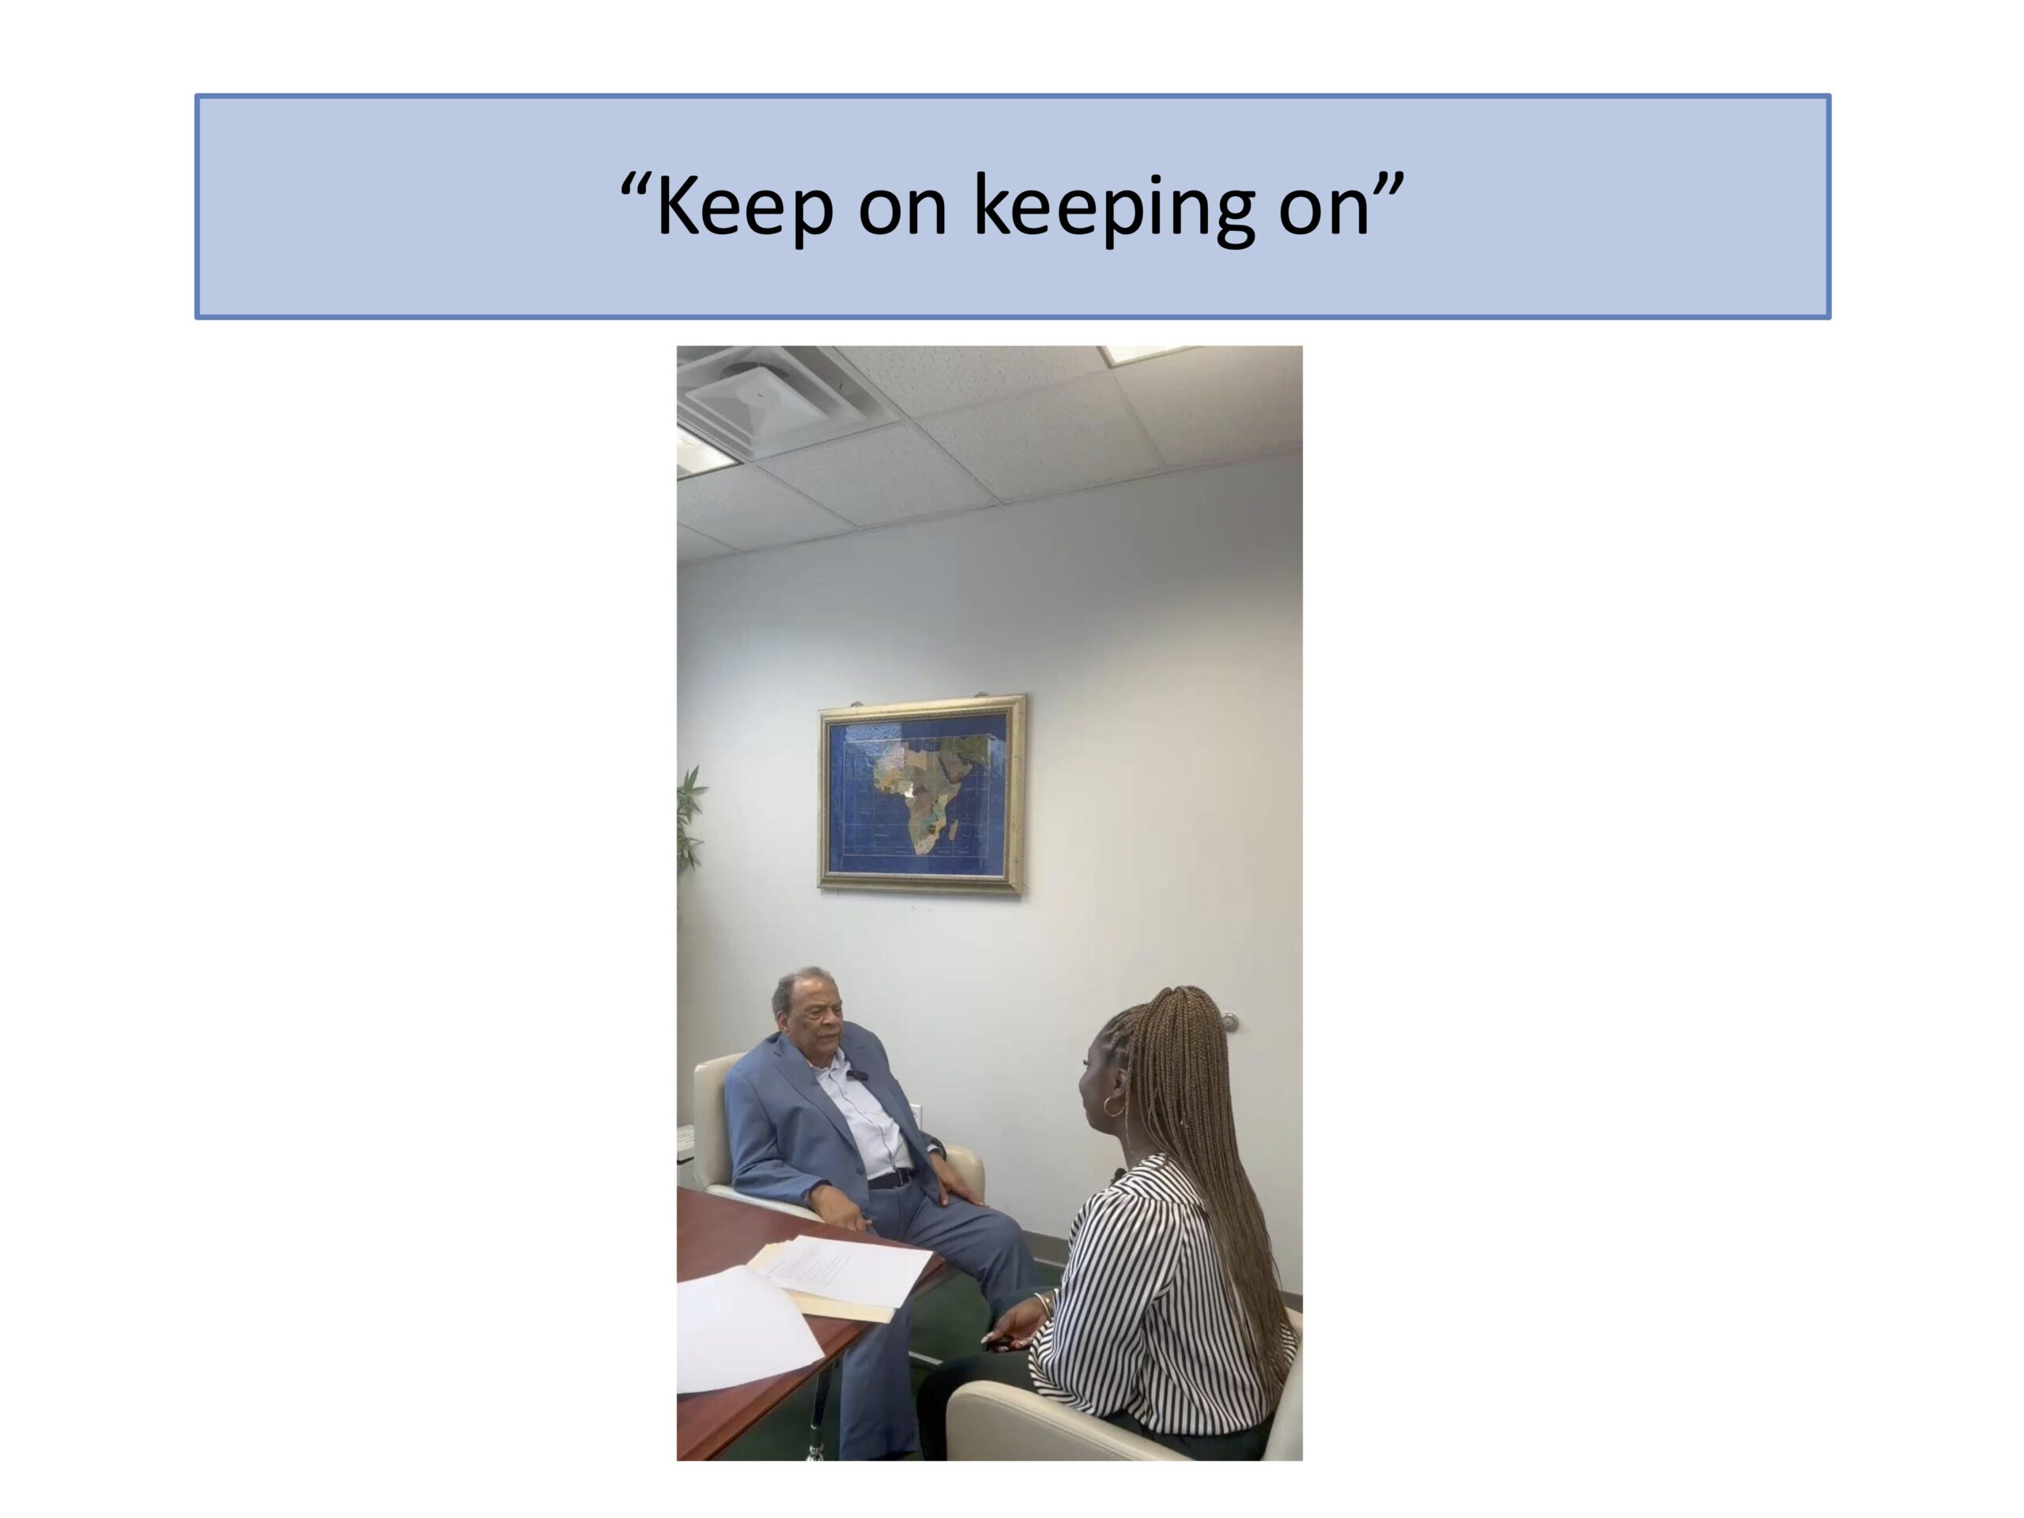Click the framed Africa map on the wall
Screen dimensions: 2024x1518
pos(921,793)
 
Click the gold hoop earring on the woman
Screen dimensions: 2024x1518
pos(1112,1106)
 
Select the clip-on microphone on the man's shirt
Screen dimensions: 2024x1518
pos(859,1074)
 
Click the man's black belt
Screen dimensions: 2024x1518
pos(890,1179)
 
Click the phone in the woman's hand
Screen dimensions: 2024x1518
pos(1000,1343)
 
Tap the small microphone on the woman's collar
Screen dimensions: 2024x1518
pos(1119,1174)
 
